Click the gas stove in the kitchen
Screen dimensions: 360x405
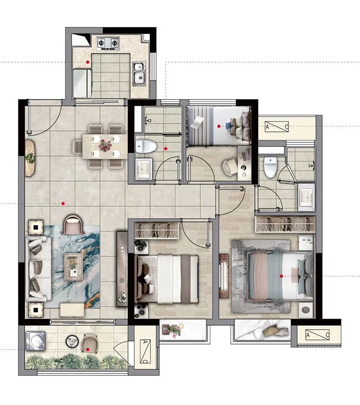click(x=108, y=43)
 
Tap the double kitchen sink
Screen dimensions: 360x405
click(x=139, y=74)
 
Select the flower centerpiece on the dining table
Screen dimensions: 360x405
click(x=105, y=146)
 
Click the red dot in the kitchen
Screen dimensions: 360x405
click(x=88, y=62)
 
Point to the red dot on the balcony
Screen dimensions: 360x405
click(x=88, y=350)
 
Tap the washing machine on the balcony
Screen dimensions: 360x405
click(x=35, y=341)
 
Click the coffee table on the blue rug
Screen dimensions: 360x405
click(x=73, y=267)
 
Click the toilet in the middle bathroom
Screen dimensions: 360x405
click(x=146, y=146)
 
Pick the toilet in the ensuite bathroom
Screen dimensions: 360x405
click(x=270, y=167)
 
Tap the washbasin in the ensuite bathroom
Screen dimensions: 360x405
click(x=306, y=197)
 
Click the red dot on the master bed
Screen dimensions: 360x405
click(x=281, y=276)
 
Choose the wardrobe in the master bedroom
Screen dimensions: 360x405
click(x=285, y=224)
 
